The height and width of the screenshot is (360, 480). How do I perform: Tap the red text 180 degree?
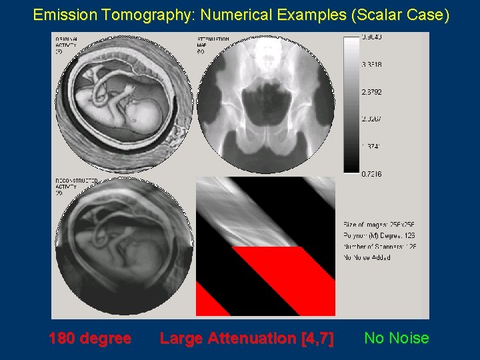coord(90,338)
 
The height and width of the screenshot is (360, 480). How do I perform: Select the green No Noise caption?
coord(397,338)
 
